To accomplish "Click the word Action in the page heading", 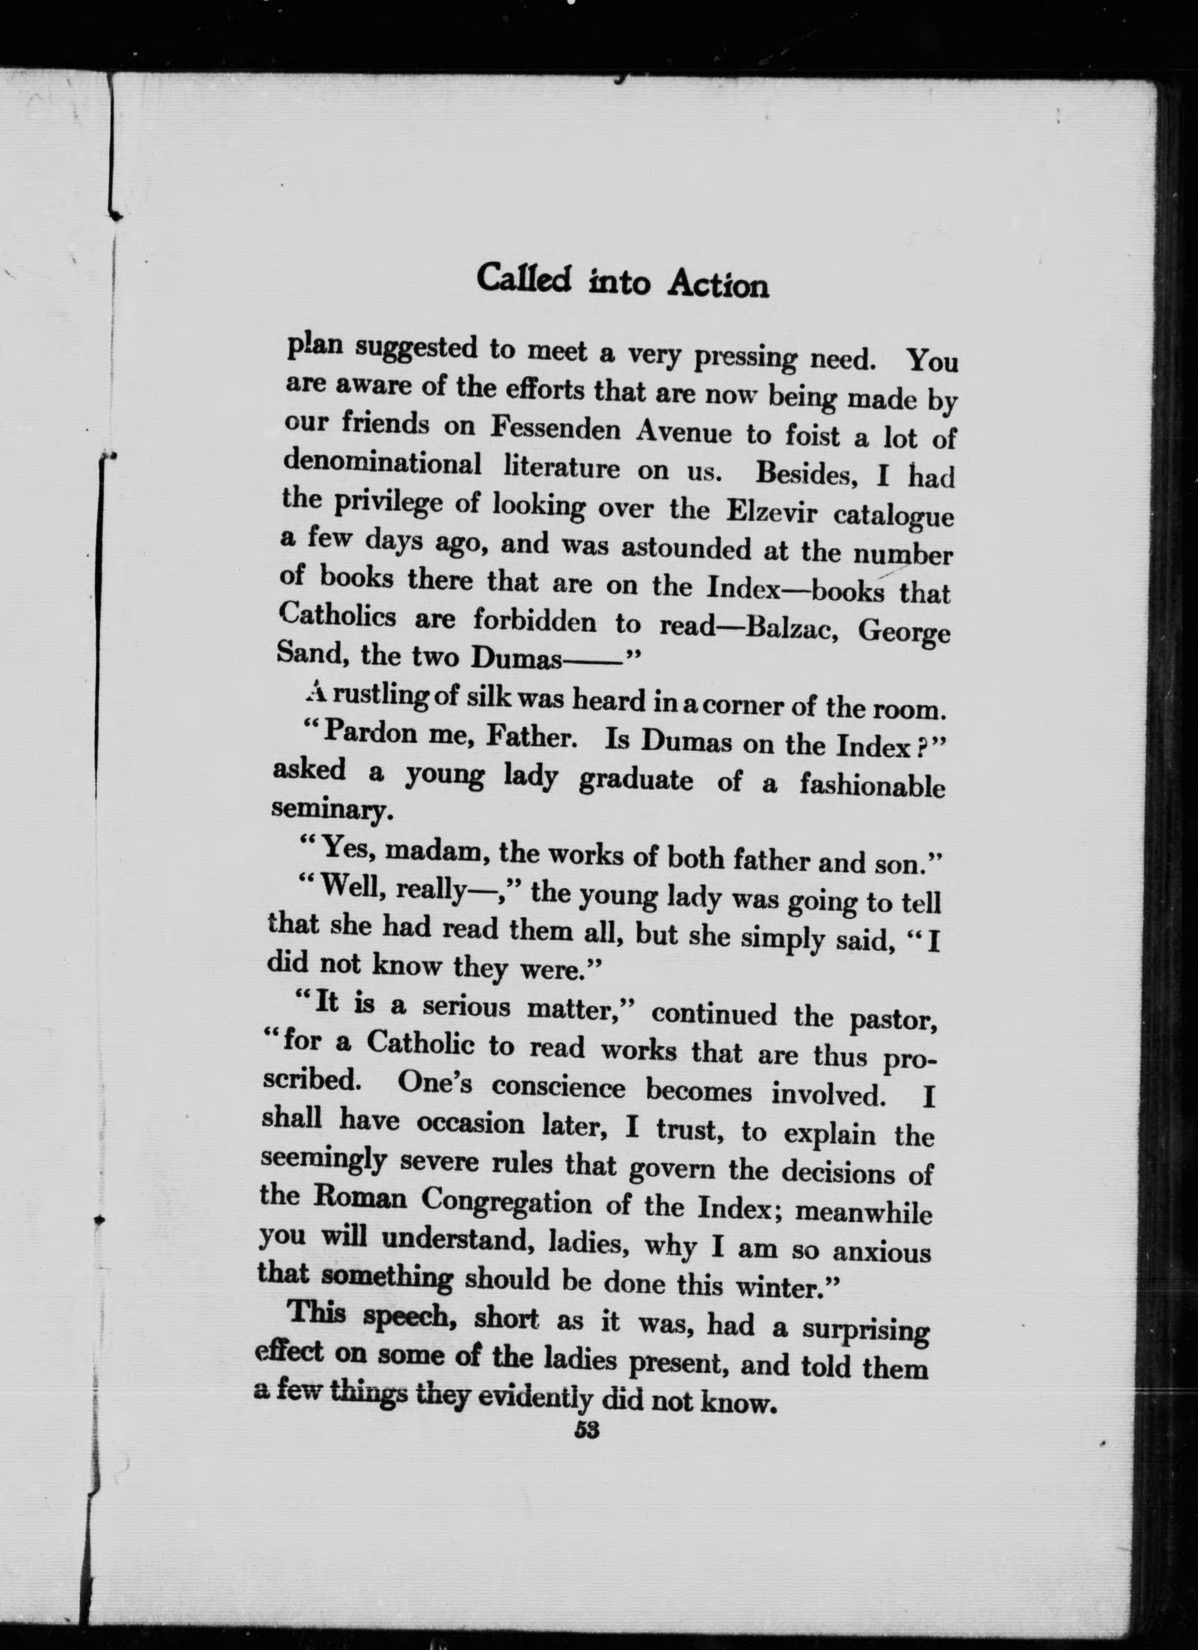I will point(717,284).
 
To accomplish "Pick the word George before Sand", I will point(903,632).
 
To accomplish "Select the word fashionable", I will point(872,785).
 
